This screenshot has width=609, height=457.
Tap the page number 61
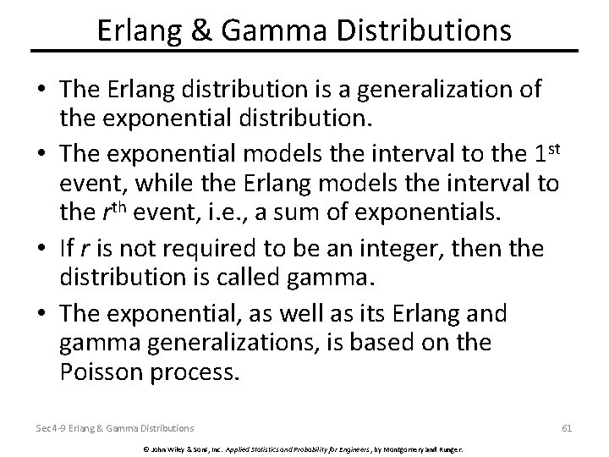coord(567,428)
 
